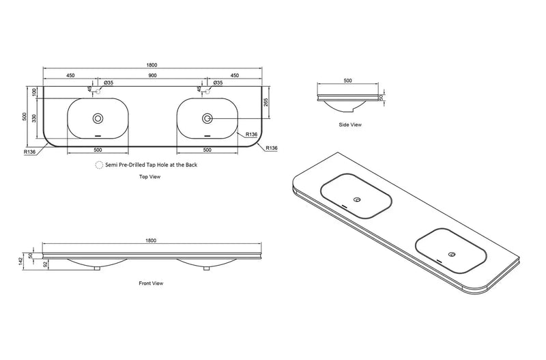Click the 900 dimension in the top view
pyautogui.click(x=152, y=75)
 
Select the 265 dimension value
pyautogui.click(x=265, y=102)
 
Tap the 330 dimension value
pyautogui.click(x=34, y=118)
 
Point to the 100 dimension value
pyautogui.click(x=34, y=92)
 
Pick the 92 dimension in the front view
pyautogui.click(x=45, y=264)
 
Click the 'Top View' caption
pyautogui.click(x=149, y=177)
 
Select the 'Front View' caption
pyautogui.click(x=151, y=283)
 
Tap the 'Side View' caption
pyautogui.click(x=350, y=124)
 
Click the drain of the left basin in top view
pyautogui.click(x=98, y=118)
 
